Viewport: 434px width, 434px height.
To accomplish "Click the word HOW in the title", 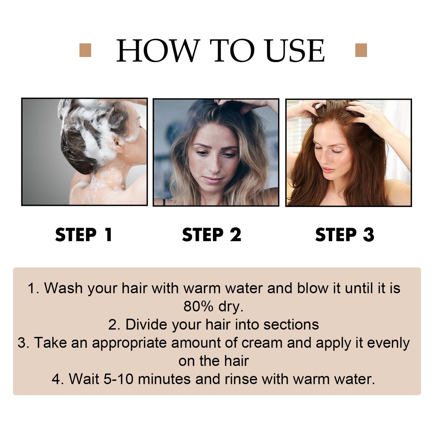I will click(158, 51).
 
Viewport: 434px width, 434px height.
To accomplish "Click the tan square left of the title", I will click(85, 50).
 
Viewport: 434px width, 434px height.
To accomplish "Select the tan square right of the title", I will click(361, 50).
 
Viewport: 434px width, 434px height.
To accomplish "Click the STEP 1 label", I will click(84, 235).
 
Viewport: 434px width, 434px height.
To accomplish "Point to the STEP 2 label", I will click(211, 235).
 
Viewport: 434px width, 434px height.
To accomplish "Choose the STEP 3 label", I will click(344, 235).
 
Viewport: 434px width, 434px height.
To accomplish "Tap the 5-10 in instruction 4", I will click(118, 379).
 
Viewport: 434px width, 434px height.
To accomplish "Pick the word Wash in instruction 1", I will click(63, 288).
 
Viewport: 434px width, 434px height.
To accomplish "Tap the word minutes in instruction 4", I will click(164, 379).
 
